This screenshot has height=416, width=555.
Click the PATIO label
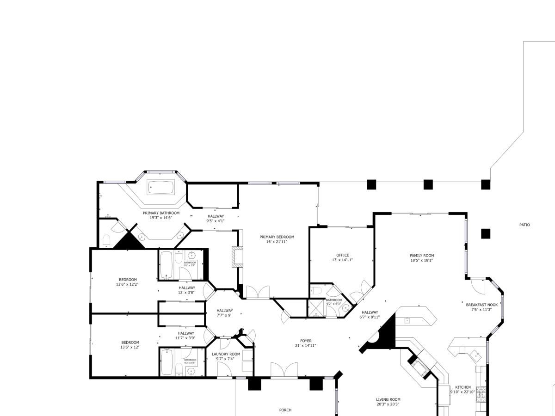point(524,225)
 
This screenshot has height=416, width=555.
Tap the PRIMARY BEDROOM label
point(277,237)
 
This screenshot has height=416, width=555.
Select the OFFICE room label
point(342,255)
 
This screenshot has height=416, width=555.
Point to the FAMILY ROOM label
point(422,256)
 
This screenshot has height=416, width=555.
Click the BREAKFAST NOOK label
point(481,305)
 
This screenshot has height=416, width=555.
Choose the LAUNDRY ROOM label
point(226,354)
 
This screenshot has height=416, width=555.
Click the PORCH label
point(285,410)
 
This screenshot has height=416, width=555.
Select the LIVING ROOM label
point(388,399)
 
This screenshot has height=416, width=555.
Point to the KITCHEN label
point(463,387)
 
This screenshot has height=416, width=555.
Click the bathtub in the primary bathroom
point(160,188)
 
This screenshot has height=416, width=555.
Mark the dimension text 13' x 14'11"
point(342,260)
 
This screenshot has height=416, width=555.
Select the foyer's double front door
point(284,370)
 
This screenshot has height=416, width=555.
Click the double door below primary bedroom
point(258,292)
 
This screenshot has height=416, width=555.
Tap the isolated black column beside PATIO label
point(485,233)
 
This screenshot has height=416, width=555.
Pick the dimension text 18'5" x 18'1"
point(422,260)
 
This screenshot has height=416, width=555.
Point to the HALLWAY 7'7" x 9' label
point(225,313)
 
